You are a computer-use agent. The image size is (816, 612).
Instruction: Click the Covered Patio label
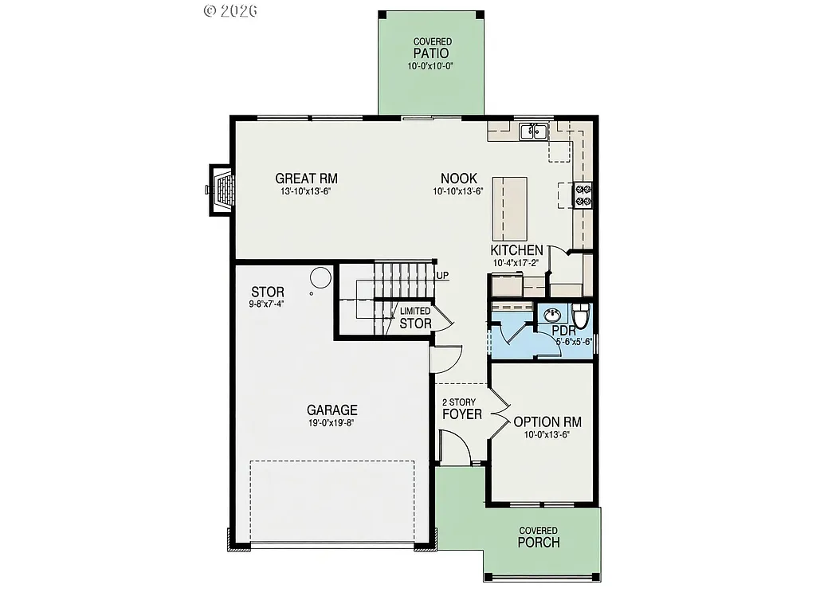[x=432, y=53]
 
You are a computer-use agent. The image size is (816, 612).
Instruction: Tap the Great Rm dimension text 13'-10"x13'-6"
[x=307, y=191]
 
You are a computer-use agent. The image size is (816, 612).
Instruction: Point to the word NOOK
[x=458, y=178]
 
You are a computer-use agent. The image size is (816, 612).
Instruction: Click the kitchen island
[x=510, y=209]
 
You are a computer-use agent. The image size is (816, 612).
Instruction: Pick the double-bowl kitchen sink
[x=532, y=131]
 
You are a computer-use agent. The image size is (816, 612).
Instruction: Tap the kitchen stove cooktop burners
[x=583, y=195]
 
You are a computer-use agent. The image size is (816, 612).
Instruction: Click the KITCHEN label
[x=516, y=250]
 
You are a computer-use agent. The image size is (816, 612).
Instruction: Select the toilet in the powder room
[x=581, y=316]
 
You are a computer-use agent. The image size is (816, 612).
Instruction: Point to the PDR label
[x=564, y=330]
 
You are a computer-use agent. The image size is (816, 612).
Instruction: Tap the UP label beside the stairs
[x=442, y=276]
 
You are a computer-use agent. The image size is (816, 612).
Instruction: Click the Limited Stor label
[x=415, y=318]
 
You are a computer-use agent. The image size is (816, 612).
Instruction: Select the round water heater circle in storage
[x=320, y=277]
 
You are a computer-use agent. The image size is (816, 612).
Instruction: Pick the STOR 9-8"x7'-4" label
[x=267, y=296]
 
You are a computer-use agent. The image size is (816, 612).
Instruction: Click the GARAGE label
[x=333, y=410]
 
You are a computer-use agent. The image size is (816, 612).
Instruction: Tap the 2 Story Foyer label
[x=462, y=408]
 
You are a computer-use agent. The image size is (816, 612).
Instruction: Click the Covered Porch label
[x=538, y=538]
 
